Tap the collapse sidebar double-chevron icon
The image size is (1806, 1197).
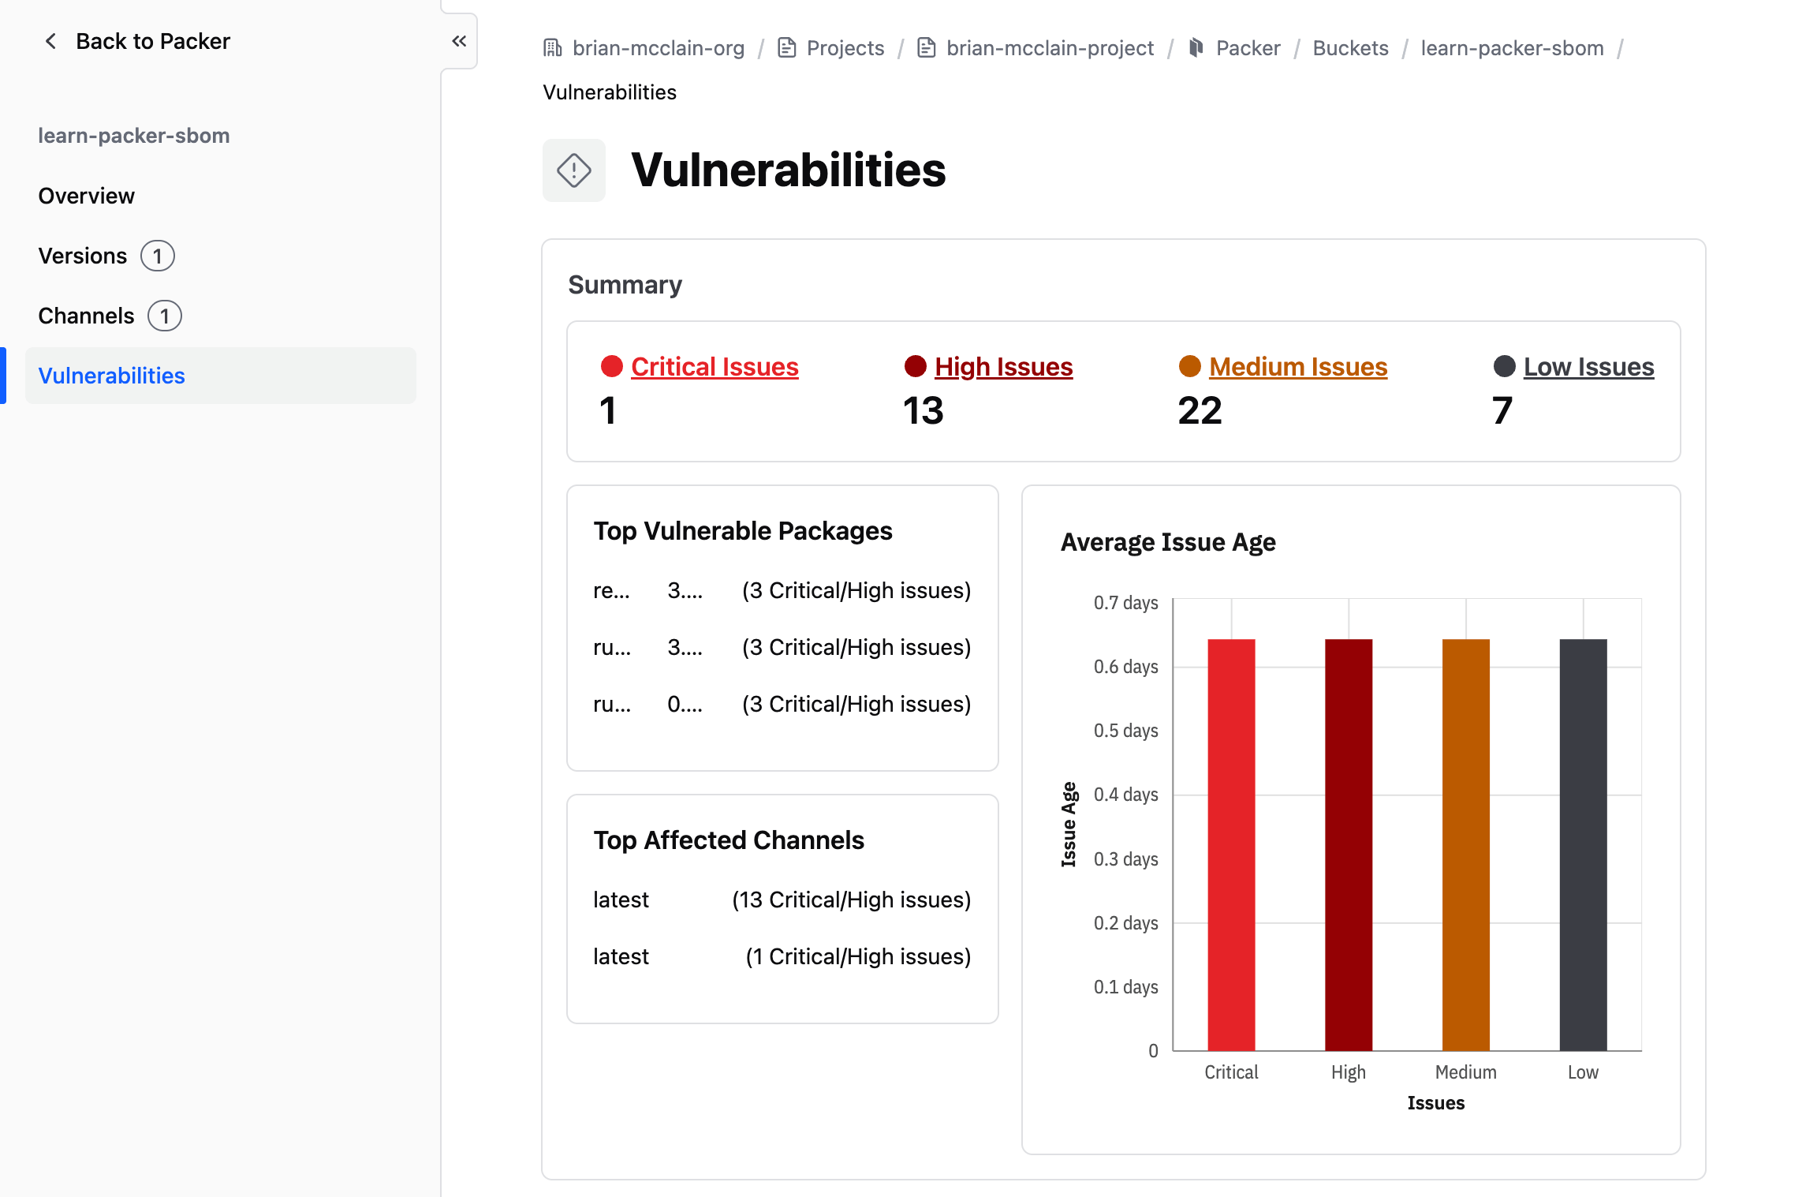tap(459, 41)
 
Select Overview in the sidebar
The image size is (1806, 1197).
tap(87, 196)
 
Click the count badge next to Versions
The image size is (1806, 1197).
tap(158, 256)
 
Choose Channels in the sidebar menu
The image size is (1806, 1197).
tap(87, 316)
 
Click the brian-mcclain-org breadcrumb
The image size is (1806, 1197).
tap(658, 48)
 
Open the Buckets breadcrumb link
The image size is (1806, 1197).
tap(1350, 48)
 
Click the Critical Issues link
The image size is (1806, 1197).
tap(715, 367)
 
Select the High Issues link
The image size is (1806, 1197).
tap(1003, 367)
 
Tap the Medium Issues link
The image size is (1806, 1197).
tap(1298, 367)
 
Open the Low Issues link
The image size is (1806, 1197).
tap(1588, 367)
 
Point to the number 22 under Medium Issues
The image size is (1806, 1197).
tap(1200, 411)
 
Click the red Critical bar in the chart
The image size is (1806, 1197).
tap(1231, 844)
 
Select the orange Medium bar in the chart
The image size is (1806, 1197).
tap(1465, 844)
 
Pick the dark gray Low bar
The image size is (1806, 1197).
tap(1583, 844)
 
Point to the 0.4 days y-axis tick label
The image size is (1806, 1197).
tap(1125, 795)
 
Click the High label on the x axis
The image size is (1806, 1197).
tap(1348, 1072)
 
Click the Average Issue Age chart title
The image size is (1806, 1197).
tap(1168, 542)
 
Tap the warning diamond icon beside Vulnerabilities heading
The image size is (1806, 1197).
tap(573, 170)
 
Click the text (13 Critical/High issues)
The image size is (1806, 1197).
tap(851, 900)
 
